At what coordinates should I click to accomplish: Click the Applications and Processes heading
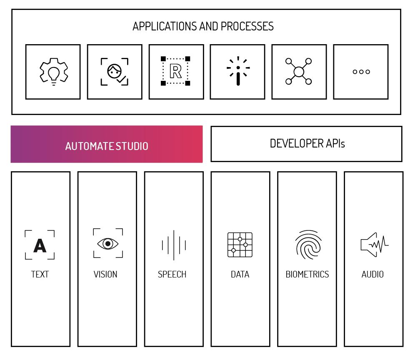pyautogui.click(x=203, y=26)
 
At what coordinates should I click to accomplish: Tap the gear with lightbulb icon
pyautogui.click(x=53, y=72)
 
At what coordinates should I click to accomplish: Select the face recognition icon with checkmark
pyautogui.click(x=114, y=72)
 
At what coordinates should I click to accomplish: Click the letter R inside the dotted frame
pyautogui.click(x=175, y=72)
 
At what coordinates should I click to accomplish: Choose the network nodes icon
pyautogui.click(x=298, y=72)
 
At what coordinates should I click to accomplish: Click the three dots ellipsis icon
pyautogui.click(x=361, y=72)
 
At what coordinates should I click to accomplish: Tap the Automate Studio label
pyautogui.click(x=107, y=146)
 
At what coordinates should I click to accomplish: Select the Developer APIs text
pyautogui.click(x=307, y=144)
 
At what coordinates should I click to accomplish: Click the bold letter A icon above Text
pyautogui.click(x=40, y=245)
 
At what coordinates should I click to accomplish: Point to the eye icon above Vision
pyautogui.click(x=107, y=243)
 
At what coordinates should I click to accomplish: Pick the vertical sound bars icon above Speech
pyautogui.click(x=173, y=245)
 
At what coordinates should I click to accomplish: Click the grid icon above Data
pyautogui.click(x=240, y=245)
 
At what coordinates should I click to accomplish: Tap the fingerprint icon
pyautogui.click(x=308, y=245)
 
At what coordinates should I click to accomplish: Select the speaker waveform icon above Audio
pyautogui.click(x=374, y=245)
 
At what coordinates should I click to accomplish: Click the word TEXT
pyautogui.click(x=40, y=275)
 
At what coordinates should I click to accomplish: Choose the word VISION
pyautogui.click(x=105, y=275)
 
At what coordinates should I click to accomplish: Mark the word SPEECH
pyautogui.click(x=172, y=275)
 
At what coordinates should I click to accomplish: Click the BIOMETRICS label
pyautogui.click(x=307, y=275)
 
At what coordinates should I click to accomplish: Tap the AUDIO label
pyautogui.click(x=372, y=275)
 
